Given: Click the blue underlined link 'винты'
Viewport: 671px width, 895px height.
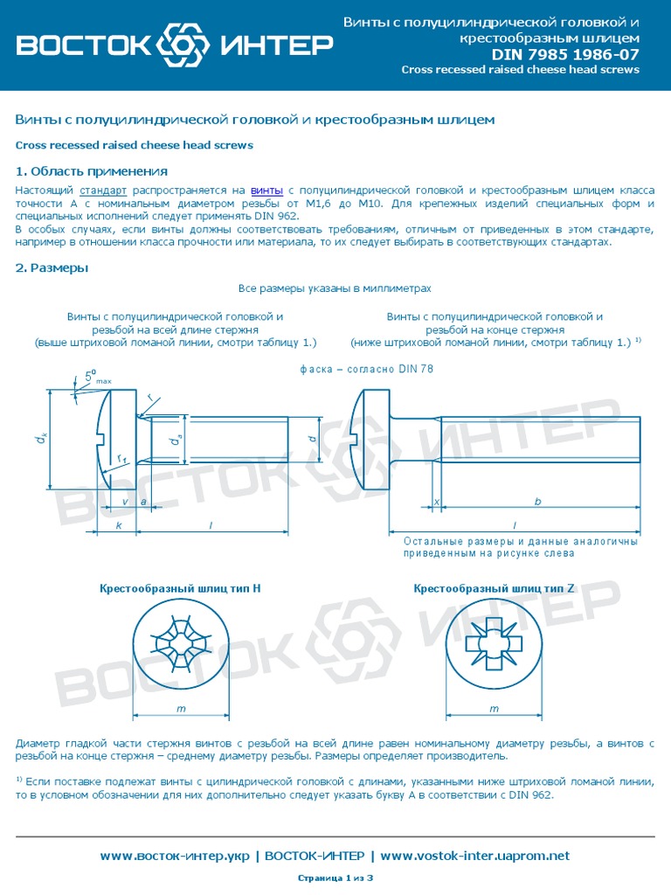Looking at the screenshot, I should click(266, 191).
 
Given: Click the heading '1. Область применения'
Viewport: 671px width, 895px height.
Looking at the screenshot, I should click(92, 171).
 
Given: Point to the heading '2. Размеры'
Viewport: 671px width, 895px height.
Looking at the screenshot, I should click(52, 268).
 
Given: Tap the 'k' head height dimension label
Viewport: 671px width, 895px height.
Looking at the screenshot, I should click(119, 525).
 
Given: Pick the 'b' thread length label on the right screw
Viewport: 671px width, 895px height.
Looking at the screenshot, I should click(538, 502).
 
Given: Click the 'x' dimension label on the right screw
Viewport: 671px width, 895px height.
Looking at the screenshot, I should click(436, 502).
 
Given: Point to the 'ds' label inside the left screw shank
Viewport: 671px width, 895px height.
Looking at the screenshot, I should click(175, 441).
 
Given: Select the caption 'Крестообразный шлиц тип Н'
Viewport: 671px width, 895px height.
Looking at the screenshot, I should click(181, 589).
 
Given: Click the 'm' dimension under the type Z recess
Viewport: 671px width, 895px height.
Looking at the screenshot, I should click(494, 708).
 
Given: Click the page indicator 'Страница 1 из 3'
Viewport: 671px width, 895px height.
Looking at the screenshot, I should click(335, 878).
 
